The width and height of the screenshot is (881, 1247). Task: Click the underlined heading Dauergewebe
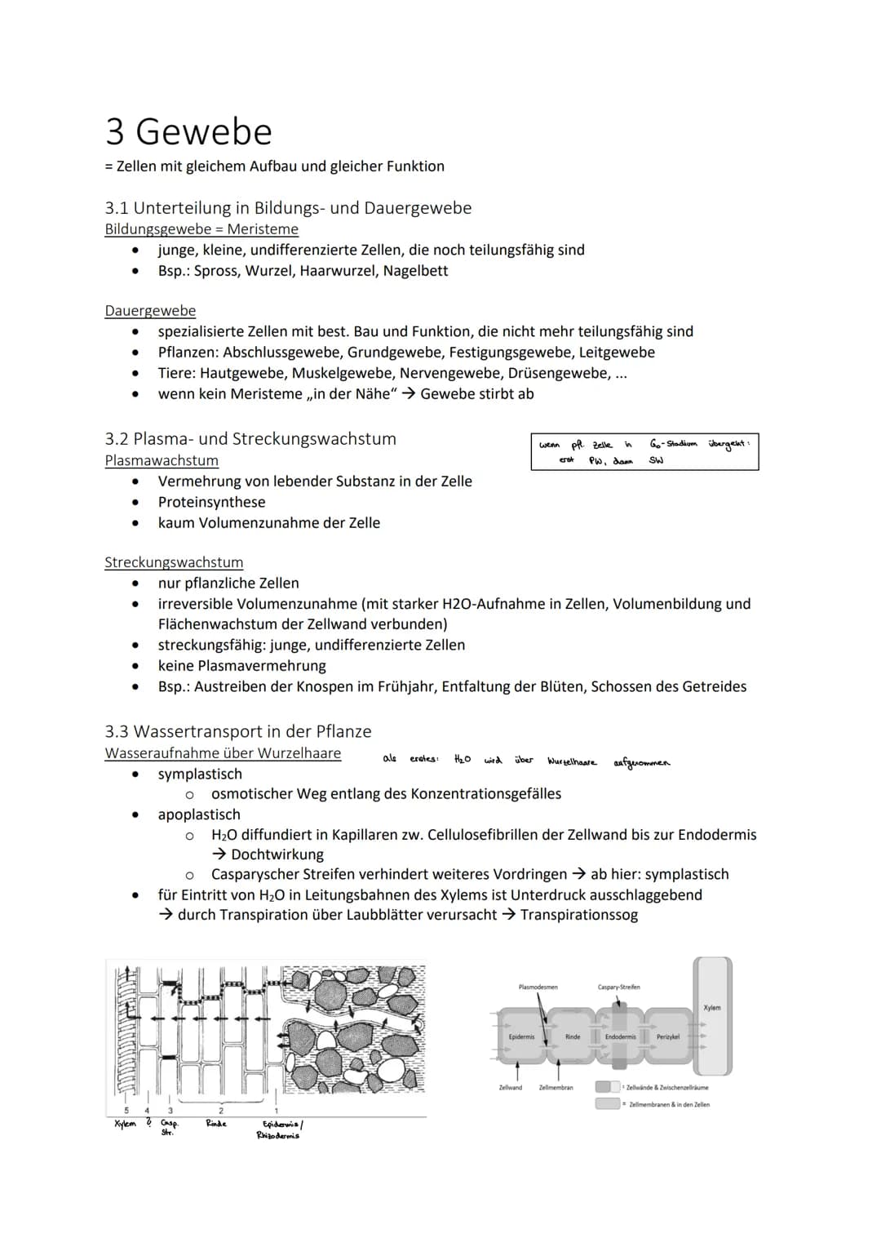pos(150,311)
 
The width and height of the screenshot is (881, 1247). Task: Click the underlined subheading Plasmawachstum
pos(162,460)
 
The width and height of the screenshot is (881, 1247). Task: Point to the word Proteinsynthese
pos(211,502)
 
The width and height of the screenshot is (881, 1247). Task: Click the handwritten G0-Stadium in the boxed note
pos(673,443)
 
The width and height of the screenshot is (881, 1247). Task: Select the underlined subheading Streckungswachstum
pos(174,562)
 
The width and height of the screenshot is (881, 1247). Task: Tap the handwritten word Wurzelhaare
pos(571,762)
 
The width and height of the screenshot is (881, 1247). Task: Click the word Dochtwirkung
pos(277,854)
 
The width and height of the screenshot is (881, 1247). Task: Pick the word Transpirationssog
pos(579,915)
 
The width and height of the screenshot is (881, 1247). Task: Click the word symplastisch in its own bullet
pos(200,774)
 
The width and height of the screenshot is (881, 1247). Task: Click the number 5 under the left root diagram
pos(126,1110)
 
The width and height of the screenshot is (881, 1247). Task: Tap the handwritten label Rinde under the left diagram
pos(215,1124)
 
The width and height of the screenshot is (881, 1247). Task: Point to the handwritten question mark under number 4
pos(148,1123)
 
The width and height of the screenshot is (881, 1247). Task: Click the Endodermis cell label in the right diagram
pos(620,1036)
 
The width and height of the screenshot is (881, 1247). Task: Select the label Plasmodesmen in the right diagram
pos(538,987)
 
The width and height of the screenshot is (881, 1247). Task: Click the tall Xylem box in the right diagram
pos(712,1016)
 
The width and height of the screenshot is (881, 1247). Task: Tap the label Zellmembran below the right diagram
pos(556,1088)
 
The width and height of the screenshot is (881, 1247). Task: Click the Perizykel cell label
pos(667,1036)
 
